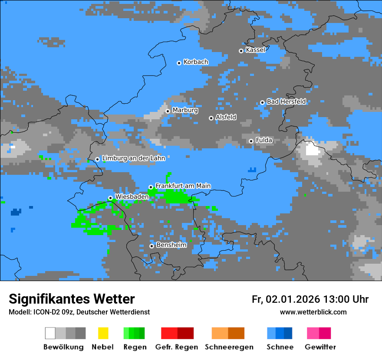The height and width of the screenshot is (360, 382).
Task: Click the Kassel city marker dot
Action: tap(241, 51)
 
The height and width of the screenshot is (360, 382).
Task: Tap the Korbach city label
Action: tap(196, 62)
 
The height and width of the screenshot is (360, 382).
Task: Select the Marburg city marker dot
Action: tap(168, 111)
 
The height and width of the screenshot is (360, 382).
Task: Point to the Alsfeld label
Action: tap(226, 117)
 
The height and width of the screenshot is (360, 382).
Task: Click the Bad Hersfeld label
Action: tap(286, 101)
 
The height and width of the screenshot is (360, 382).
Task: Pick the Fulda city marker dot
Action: tap(251, 141)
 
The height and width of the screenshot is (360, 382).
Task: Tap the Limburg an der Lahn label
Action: tap(133, 158)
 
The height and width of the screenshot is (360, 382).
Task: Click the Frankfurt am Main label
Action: tap(183, 186)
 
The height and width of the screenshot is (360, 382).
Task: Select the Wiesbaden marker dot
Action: tap(110, 198)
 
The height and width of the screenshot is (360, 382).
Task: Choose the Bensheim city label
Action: tap(171, 245)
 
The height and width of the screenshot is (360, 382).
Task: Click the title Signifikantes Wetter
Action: tap(72, 299)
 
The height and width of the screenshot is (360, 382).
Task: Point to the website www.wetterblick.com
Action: tap(313, 312)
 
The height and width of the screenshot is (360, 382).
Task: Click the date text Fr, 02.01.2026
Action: tap(286, 299)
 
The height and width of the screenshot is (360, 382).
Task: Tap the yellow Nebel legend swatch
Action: tap(103, 333)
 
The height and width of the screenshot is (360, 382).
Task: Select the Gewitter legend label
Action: tap(320, 347)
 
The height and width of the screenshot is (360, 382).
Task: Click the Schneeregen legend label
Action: tap(229, 347)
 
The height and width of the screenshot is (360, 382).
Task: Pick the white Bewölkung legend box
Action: tap(50, 333)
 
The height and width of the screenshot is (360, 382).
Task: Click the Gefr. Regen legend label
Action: tap(176, 347)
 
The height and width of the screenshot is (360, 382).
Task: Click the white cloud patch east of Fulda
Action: tap(312, 150)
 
